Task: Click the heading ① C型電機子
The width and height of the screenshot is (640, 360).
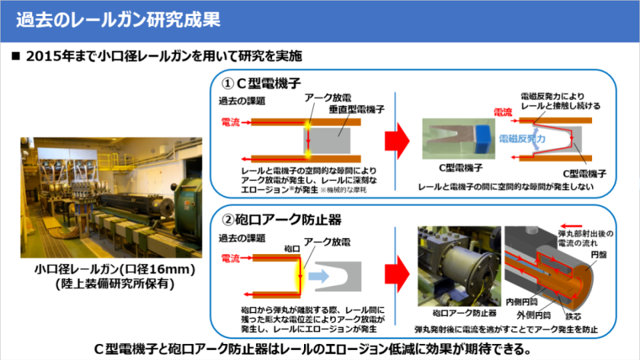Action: (263, 84)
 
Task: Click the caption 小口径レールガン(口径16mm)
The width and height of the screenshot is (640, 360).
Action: (115, 270)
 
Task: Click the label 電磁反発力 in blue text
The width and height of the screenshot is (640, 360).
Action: (522, 139)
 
